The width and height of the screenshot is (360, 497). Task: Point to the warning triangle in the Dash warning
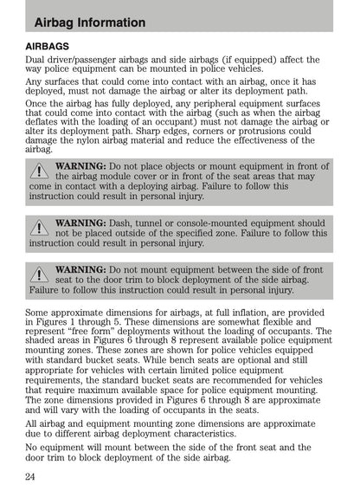39,228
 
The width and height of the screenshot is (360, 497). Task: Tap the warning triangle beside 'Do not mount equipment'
39,274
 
